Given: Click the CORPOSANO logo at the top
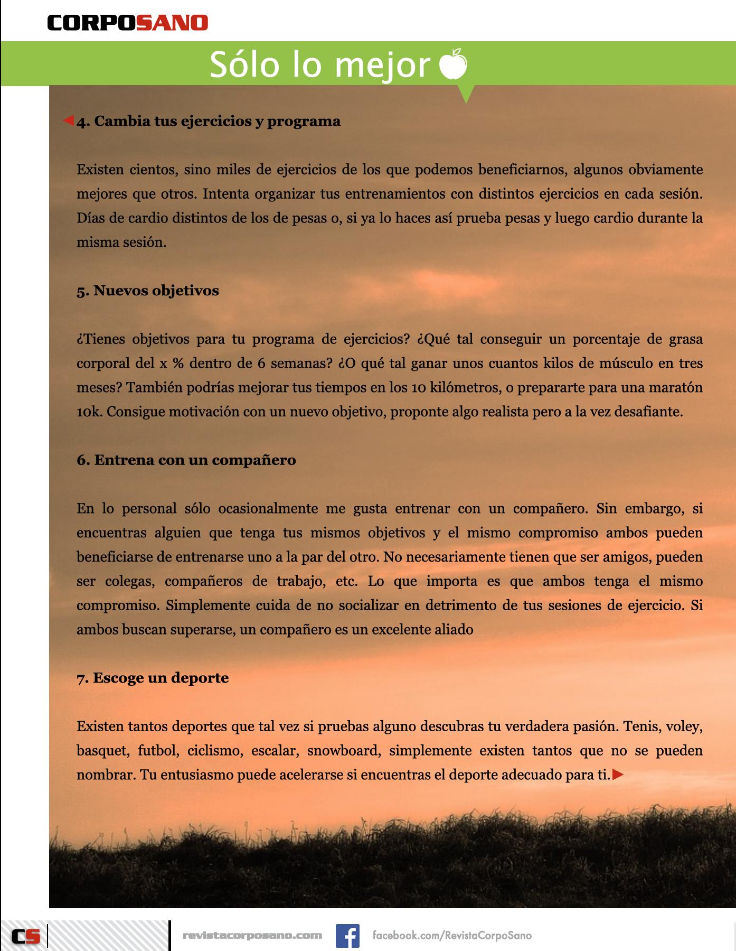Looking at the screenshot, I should [127, 23].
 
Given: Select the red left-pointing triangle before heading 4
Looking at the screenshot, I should [69, 121].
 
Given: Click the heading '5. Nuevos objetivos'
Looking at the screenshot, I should [148, 291].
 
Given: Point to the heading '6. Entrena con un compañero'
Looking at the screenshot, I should [186, 460].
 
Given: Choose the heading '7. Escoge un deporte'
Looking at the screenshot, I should [153, 677].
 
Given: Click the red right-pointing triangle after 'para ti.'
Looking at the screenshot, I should [618, 775].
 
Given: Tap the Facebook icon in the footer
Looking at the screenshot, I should [347, 935].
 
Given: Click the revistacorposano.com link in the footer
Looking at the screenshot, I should [252, 935].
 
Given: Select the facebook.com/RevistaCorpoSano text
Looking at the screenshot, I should [452, 935].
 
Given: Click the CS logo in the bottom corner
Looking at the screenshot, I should [27, 936].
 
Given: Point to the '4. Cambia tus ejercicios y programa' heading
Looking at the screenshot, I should [209, 121].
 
